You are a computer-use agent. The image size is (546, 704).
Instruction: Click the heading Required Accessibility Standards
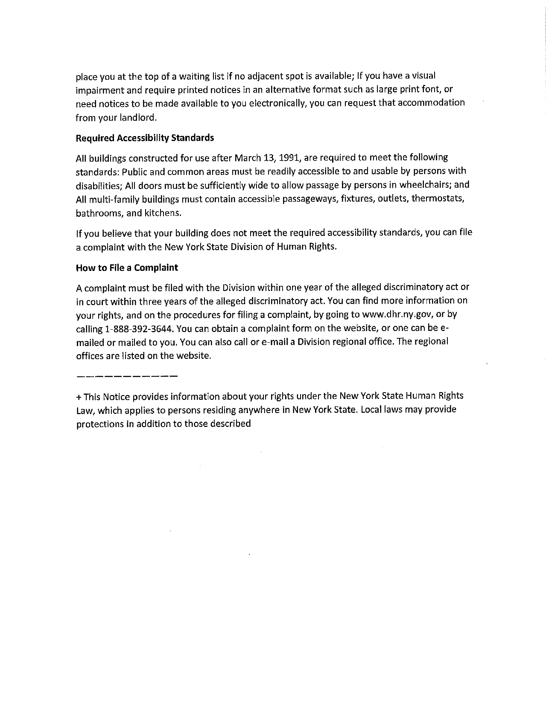145,138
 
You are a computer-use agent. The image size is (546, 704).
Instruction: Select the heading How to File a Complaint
127,268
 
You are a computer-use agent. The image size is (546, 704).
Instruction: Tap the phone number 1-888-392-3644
139,329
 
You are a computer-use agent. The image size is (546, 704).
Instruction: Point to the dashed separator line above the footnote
127,376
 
